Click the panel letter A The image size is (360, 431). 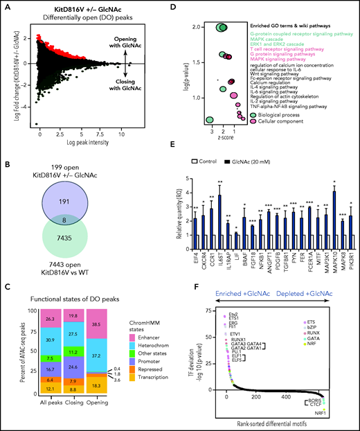tap(5, 6)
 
